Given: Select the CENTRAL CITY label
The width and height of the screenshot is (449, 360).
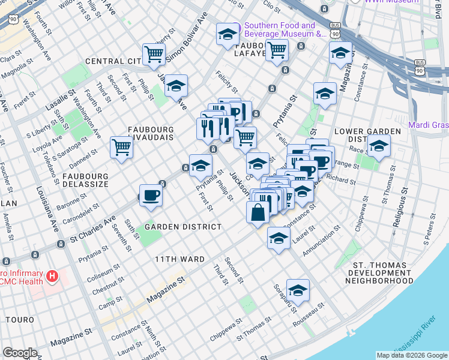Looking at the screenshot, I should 113,61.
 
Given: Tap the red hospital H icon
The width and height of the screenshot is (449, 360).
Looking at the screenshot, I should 53,277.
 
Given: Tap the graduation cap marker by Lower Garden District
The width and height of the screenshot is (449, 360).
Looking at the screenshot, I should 379,145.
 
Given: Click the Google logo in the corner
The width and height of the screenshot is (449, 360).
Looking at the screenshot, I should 20,353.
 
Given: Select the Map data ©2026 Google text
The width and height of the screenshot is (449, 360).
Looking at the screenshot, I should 411,355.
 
